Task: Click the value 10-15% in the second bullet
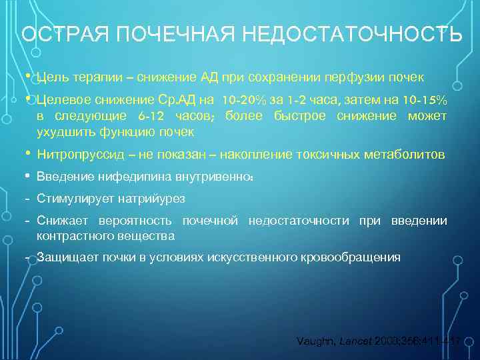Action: coord(424,100)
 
